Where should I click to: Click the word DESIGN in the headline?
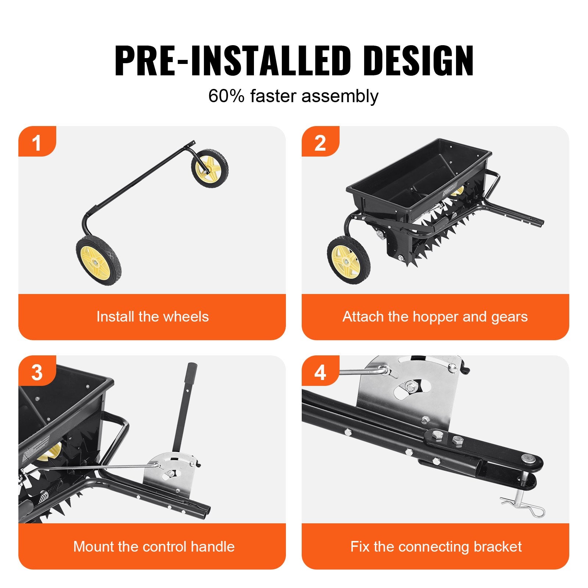[420, 61]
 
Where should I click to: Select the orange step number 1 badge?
[37, 142]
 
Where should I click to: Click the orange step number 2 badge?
[320, 142]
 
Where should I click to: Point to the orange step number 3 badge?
[37, 372]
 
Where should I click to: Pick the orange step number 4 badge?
[320, 372]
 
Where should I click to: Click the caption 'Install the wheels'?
[153, 317]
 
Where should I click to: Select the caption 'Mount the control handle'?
[154, 546]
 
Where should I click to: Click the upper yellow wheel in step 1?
[210, 168]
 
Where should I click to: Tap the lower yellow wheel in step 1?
[98, 260]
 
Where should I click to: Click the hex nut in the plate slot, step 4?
[410, 387]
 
